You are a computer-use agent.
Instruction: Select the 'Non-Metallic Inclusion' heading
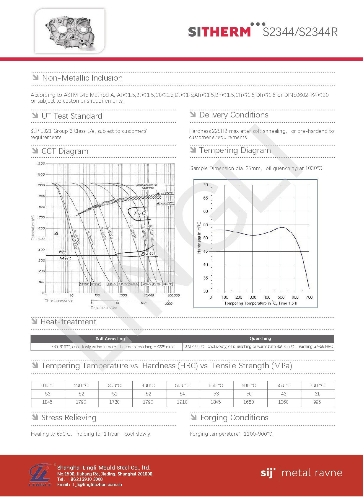pyautogui.click(x=82, y=78)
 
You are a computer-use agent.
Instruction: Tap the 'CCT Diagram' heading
pyautogui.click(x=65, y=151)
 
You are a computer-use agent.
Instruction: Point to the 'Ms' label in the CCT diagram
pyautogui.click(x=62, y=252)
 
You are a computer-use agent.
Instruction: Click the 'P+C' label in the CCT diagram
pyautogui.click(x=140, y=213)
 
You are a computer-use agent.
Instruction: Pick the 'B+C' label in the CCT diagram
pyautogui.click(x=147, y=254)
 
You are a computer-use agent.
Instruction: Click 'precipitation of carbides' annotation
pyautogui.click(x=147, y=186)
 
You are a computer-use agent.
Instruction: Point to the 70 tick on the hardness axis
pyautogui.click(x=206, y=185)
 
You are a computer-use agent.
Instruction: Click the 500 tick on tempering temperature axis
pyautogui.click(x=281, y=297)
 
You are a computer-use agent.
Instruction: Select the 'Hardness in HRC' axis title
pyautogui.click(x=199, y=238)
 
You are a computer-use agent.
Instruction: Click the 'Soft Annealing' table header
pyautogui.click(x=110, y=339)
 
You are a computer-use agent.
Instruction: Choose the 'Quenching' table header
pyautogui.click(x=260, y=339)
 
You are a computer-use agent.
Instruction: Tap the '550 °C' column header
pyautogui.click(x=216, y=385)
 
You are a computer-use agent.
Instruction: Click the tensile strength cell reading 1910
pyautogui.click(x=182, y=402)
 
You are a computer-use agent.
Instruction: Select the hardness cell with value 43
pyautogui.click(x=284, y=394)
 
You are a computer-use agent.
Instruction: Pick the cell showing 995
pyautogui.click(x=317, y=402)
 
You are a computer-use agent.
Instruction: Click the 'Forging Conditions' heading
pyautogui.click(x=234, y=418)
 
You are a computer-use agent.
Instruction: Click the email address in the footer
pyautogui.click(x=97, y=485)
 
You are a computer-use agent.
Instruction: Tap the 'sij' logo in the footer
pyautogui.click(x=268, y=473)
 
